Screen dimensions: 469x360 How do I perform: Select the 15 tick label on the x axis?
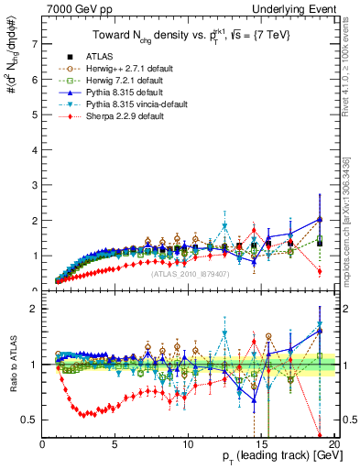coord(260,443)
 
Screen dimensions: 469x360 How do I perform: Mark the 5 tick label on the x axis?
coord(115,443)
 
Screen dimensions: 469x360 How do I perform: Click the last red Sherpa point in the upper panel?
coord(319,271)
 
